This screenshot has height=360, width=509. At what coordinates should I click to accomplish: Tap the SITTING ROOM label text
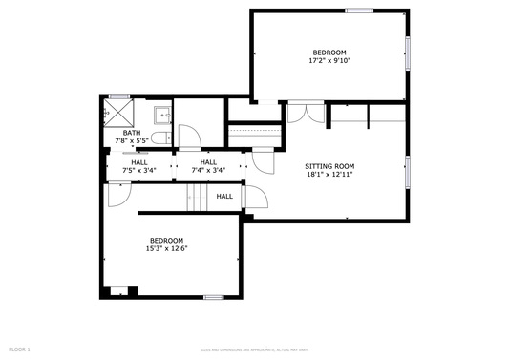click(x=329, y=166)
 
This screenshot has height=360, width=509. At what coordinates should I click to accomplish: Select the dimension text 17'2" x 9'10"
click(x=329, y=60)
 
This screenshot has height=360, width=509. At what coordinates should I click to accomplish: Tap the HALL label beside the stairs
click(x=224, y=197)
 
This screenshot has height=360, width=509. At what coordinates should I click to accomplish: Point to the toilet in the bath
click(x=159, y=138)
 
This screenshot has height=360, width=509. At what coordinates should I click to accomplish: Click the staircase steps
click(x=197, y=198)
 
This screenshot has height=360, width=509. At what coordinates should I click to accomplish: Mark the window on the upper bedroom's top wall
click(x=359, y=11)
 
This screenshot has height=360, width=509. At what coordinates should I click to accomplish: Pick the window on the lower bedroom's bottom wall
click(x=214, y=297)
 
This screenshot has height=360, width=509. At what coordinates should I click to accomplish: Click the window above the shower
click(x=118, y=95)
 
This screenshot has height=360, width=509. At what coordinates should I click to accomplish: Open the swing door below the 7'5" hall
click(x=117, y=195)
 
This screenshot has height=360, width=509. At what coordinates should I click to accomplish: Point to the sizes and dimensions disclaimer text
click(x=254, y=350)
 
